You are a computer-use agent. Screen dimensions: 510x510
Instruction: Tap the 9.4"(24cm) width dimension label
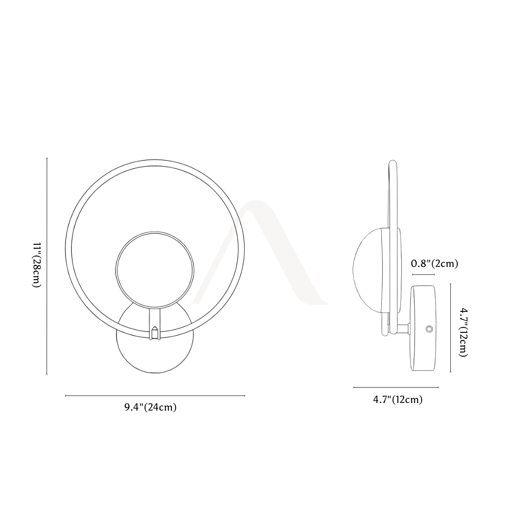(150, 407)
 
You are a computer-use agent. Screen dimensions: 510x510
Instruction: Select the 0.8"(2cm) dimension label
(434, 263)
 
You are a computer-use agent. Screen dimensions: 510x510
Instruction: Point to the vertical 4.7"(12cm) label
(463, 332)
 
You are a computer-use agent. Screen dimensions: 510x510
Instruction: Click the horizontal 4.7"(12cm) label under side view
(398, 399)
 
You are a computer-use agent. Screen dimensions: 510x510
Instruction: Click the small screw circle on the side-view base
(429, 329)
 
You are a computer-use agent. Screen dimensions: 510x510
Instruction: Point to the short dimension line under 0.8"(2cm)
(423, 275)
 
